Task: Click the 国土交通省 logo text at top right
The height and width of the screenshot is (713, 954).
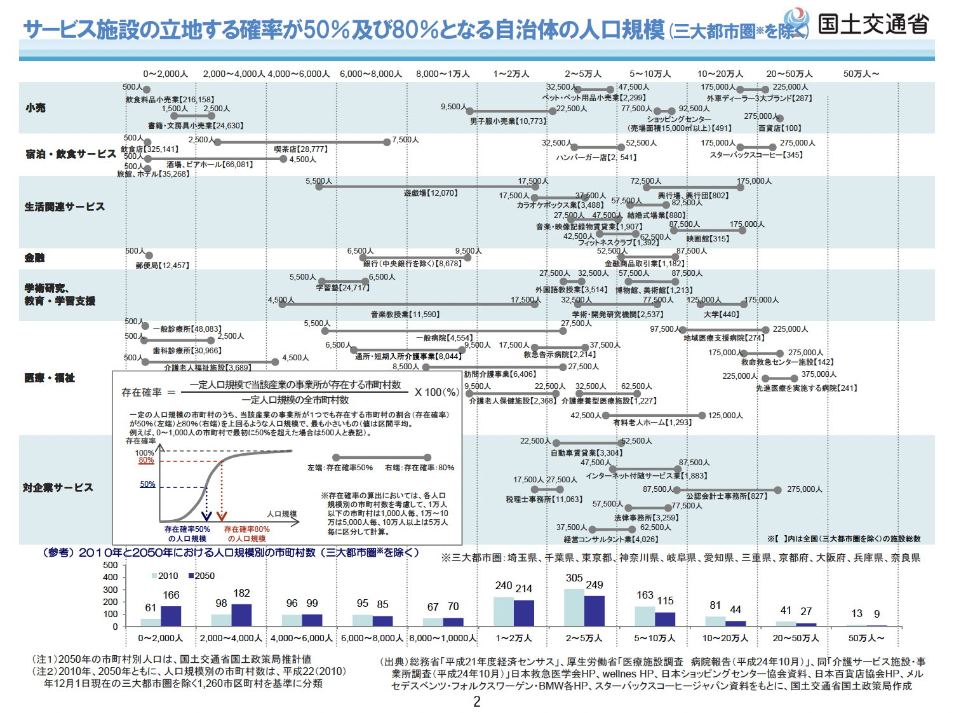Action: pyautogui.click(x=873, y=24)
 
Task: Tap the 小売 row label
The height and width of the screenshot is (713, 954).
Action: pyautogui.click(x=36, y=108)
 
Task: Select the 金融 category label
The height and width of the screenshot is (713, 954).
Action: pyautogui.click(x=35, y=257)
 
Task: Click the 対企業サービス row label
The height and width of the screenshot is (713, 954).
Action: pyautogui.click(x=58, y=487)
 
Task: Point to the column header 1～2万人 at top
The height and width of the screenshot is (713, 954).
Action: pyautogui.click(x=511, y=74)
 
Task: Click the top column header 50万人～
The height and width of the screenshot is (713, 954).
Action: pyautogui.click(x=861, y=74)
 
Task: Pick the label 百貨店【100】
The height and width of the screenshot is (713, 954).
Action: pyautogui.click(x=779, y=128)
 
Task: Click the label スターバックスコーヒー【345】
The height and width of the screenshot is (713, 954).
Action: pyautogui.click(x=756, y=155)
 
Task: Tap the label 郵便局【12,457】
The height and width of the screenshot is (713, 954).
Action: pyautogui.click(x=162, y=266)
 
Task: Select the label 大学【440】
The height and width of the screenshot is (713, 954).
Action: pyautogui.click(x=721, y=315)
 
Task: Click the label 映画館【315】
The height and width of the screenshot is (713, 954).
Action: pyautogui.click(x=708, y=239)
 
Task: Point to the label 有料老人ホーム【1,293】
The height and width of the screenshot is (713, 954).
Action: pyautogui.click(x=652, y=423)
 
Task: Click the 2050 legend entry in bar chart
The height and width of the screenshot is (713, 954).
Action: pyautogui.click(x=201, y=576)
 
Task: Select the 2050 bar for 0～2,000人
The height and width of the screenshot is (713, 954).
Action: pyautogui.click(x=171, y=616)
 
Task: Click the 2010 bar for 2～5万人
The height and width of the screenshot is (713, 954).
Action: pyautogui.click(x=574, y=608)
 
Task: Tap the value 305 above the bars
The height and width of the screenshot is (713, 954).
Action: pyautogui.click(x=574, y=578)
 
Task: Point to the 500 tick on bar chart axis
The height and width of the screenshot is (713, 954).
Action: pyautogui.click(x=111, y=565)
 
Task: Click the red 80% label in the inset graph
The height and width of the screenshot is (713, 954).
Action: pyautogui.click(x=146, y=460)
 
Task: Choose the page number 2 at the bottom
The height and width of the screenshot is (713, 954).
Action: pyautogui.click(x=477, y=702)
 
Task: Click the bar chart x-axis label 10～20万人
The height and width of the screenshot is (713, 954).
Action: pyautogui.click(x=725, y=638)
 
